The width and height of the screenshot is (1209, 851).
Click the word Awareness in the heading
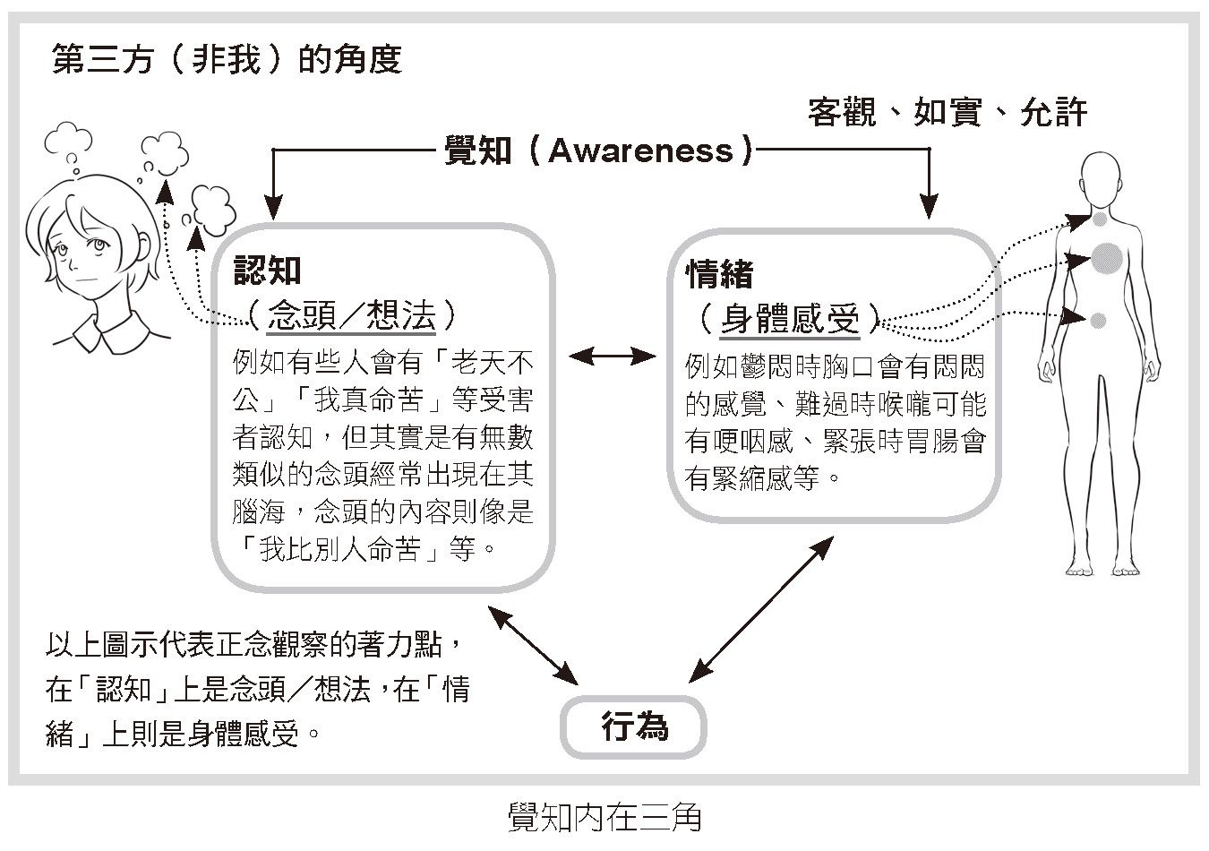tap(640, 150)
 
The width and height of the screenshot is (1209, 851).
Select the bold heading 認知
tap(267, 271)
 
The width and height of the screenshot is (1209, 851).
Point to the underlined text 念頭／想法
tap(351, 315)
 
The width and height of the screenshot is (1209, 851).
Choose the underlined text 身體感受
tap(790, 318)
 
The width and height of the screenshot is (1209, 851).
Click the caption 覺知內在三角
tap(604, 817)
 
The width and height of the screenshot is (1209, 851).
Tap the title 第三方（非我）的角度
tap(227, 59)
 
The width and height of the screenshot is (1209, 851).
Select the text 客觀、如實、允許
tap(947, 112)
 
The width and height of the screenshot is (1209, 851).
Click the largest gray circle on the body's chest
tap(1107, 258)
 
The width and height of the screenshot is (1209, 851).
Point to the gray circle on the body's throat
tap(1100, 218)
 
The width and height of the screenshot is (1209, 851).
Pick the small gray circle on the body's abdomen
tap(1099, 320)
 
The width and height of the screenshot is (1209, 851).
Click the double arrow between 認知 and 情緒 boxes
tap(613, 357)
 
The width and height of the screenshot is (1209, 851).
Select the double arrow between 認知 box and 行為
tap(532, 643)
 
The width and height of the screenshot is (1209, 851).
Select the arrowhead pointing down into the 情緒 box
tap(930, 209)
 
